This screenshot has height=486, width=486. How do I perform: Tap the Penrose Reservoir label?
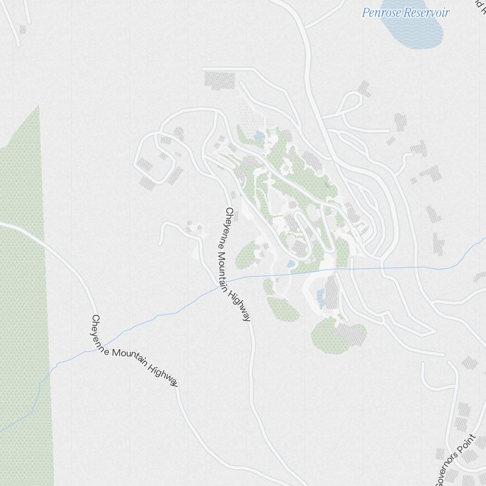[x=405, y=13]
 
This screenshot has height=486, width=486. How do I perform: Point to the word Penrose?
[x=382, y=13]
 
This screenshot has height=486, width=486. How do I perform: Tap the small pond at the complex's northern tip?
[x=258, y=137]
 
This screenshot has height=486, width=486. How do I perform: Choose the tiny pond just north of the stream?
[x=291, y=264]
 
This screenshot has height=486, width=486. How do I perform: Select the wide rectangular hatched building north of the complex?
[x=219, y=79]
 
